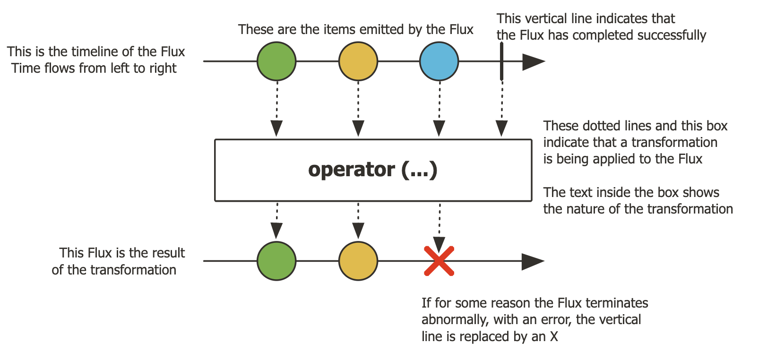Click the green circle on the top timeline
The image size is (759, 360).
click(x=276, y=61)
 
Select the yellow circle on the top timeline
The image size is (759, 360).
click(x=358, y=61)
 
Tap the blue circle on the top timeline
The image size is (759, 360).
click(x=439, y=61)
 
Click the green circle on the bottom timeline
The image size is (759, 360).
click(x=276, y=261)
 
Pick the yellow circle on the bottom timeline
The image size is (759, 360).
click(x=358, y=261)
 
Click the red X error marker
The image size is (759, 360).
click(x=439, y=261)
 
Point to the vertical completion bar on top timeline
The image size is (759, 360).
click(x=501, y=61)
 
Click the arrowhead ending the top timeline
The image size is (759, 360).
click(x=533, y=61)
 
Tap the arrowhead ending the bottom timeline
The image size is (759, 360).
click(x=533, y=261)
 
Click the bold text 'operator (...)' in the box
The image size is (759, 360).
click(x=373, y=170)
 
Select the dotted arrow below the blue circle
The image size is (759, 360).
click(x=440, y=109)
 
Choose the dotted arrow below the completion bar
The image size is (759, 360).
click(x=502, y=109)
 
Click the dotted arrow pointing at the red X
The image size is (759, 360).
click(x=440, y=227)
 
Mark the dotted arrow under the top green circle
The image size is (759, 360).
click(x=277, y=109)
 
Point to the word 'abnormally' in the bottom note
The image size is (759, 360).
click(x=454, y=320)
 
